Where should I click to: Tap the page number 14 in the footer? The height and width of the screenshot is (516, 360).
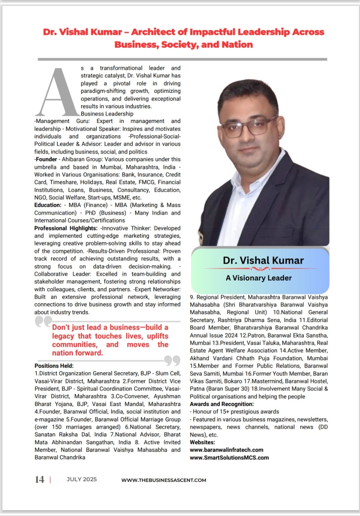click(39, 480)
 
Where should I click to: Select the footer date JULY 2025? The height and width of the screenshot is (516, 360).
click(82, 479)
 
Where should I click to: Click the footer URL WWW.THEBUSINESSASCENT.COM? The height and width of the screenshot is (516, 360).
click(164, 480)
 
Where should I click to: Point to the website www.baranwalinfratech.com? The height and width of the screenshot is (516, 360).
click(227, 450)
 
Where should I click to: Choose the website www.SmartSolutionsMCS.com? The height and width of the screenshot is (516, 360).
click(229, 457)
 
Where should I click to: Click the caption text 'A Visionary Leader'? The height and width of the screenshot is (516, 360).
click(259, 278)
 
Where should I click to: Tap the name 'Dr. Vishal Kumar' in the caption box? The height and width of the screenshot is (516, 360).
click(263, 260)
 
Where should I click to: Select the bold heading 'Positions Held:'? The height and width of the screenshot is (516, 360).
click(54, 366)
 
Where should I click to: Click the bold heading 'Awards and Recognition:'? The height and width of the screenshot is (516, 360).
click(222, 404)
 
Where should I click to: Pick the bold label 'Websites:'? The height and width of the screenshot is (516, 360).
click(202, 442)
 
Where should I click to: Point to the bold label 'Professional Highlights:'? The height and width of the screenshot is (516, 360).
click(66, 228)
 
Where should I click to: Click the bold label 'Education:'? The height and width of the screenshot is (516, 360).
click(48, 205)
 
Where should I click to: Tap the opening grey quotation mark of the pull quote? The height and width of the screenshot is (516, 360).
click(43, 322)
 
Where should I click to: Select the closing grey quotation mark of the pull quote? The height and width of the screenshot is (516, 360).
click(172, 361)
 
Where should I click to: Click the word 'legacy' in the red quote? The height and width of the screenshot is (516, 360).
click(63, 336)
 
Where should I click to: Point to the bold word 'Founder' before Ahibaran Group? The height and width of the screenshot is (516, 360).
click(47, 159)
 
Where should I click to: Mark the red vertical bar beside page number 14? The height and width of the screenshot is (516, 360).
click(50, 480)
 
